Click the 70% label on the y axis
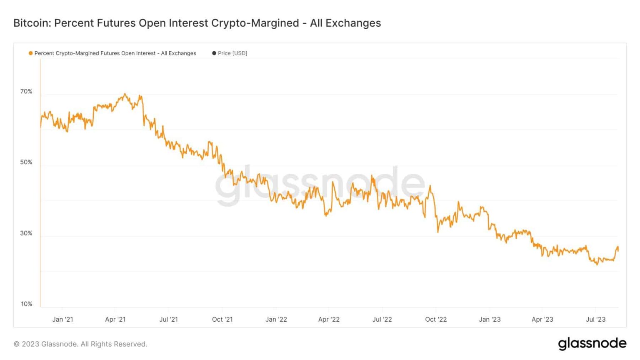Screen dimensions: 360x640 coord(26,91)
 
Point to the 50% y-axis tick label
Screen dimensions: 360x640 coord(26,162)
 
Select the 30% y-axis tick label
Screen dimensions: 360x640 coord(26,233)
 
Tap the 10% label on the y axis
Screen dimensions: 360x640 coord(26,304)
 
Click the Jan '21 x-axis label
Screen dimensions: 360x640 coord(62,319)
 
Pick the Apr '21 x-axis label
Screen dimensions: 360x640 coord(115,319)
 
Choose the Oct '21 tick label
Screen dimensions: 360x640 coord(222,319)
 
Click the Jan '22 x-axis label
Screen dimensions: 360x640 coord(276,319)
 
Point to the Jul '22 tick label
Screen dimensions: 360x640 coord(382,319)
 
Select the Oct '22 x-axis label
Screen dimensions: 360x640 coord(436,319)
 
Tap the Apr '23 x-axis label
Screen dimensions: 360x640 coord(542,319)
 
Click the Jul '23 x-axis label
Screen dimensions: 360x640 coord(595,319)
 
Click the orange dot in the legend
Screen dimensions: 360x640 coord(30,53)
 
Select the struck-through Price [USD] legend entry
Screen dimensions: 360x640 coord(232,53)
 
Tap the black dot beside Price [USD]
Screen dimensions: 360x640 coord(214,53)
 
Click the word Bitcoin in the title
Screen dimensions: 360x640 coord(30,23)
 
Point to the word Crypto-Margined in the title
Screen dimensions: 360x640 coord(255,23)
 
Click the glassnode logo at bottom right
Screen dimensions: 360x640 coord(592,343)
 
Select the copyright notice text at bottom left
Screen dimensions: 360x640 coord(80,344)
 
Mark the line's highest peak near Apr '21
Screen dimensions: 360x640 coord(125,94)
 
